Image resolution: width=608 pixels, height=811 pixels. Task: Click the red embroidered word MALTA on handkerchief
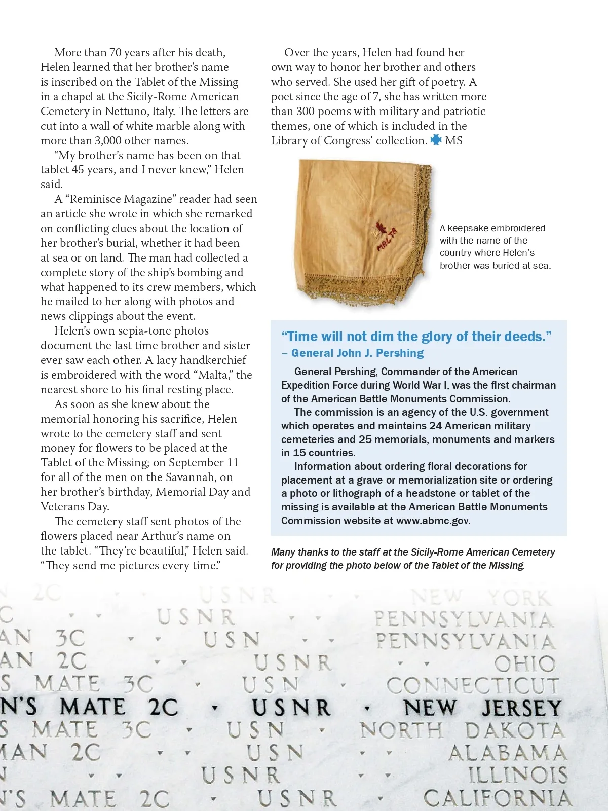pos(387,240)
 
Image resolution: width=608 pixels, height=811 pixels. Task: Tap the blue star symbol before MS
pos(436,140)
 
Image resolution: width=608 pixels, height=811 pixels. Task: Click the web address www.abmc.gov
pos(433,521)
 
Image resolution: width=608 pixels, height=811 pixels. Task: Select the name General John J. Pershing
pos(358,353)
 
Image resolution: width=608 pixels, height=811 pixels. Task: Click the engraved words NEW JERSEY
pos(482,708)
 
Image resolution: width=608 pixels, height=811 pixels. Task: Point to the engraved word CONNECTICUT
pos(473,686)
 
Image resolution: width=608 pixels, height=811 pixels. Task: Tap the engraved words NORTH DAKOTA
pos(462,730)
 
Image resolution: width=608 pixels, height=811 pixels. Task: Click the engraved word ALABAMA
pos(507,753)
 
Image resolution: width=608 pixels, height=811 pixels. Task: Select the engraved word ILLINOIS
pos(517,776)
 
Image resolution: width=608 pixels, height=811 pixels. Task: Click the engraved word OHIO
pos(525,663)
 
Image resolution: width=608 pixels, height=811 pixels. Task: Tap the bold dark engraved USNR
pos(291,708)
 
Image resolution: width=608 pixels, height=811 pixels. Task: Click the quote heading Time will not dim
pos(416,337)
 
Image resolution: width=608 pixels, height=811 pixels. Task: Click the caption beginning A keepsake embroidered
pos(495,246)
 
